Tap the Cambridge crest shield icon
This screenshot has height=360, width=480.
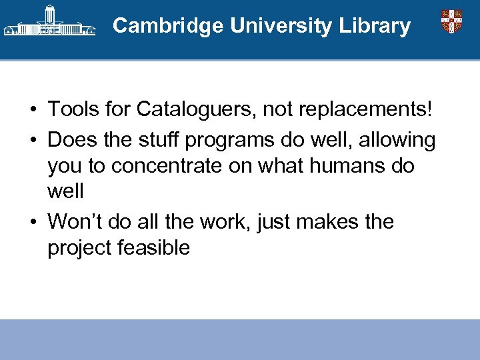(451, 21)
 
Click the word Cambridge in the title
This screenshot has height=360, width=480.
(169, 26)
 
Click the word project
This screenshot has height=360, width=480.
(79, 249)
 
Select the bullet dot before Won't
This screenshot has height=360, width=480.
(32, 222)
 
